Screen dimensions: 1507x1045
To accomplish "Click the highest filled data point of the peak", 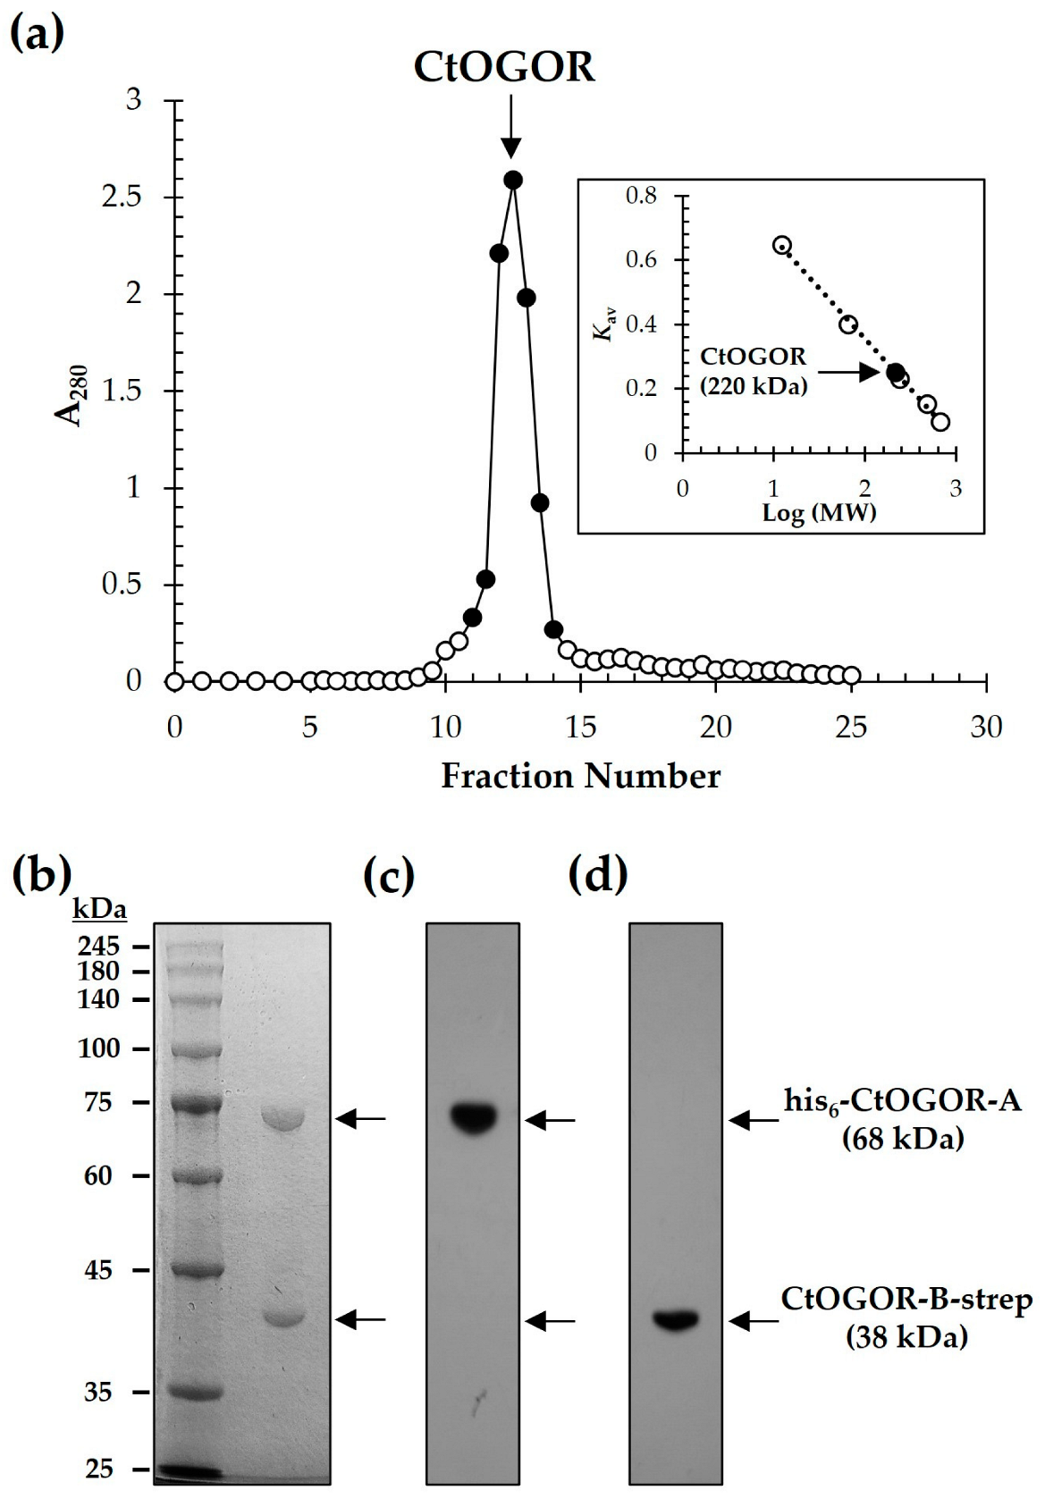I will click(513, 180).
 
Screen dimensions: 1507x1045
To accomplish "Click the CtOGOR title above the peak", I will click(504, 67).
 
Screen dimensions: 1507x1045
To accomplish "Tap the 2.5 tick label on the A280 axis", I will click(122, 197).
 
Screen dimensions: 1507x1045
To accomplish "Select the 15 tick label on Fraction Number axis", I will click(580, 728).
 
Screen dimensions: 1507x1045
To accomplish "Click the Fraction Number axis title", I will click(580, 776).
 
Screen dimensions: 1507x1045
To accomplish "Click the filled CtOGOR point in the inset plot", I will click(895, 372).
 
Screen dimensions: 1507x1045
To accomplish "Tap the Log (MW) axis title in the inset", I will click(819, 513).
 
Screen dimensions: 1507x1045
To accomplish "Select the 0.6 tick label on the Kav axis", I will click(640, 260).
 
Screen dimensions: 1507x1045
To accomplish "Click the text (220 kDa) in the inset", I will click(754, 387).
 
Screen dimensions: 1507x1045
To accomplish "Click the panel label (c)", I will click(389, 877).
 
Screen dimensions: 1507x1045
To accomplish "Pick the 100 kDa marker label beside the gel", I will click(98, 1048).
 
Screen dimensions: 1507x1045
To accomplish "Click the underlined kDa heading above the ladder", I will click(99, 910).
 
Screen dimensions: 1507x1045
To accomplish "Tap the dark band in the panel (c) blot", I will click(473, 1117).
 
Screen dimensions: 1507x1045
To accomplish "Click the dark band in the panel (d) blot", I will click(675, 1319).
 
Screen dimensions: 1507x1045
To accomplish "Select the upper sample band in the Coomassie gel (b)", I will click(283, 1119).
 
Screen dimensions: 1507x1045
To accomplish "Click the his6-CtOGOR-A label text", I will click(902, 1101).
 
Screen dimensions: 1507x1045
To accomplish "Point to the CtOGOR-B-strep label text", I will click(906, 1300).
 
